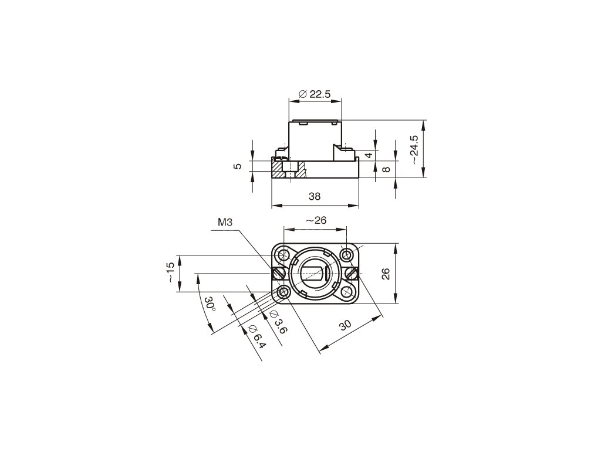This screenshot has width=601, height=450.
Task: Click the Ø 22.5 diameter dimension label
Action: click(315, 94)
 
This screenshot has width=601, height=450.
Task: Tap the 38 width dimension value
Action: click(315, 196)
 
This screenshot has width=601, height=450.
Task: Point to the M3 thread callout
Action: click(225, 222)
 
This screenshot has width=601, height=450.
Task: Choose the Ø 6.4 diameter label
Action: click(256, 337)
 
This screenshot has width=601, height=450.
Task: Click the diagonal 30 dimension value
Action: click(345, 325)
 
